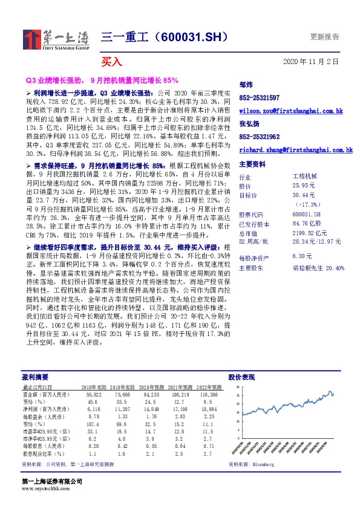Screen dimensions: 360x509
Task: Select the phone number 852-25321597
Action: click(259, 97)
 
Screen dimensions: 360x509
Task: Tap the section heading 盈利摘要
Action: click(31, 376)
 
